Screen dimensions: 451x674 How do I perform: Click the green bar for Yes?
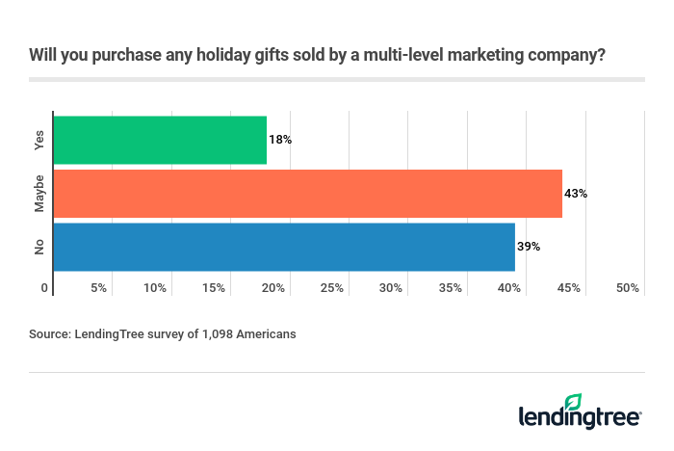tap(160, 140)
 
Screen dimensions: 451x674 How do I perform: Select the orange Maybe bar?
tap(307, 193)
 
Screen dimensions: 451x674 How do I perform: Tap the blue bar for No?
tap(284, 247)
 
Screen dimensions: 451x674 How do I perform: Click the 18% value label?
tap(280, 140)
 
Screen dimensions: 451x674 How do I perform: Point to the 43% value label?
tap(576, 193)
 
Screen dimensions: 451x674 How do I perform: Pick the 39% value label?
tap(529, 247)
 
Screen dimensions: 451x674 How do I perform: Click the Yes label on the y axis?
tap(39, 140)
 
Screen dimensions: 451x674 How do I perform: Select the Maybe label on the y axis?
tap(39, 193)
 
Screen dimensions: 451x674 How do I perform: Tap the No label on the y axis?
tap(39, 247)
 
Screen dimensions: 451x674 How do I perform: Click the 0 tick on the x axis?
tap(44, 288)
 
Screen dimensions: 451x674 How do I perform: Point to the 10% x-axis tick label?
tap(156, 288)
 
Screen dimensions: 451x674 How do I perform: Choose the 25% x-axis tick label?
tap(332, 288)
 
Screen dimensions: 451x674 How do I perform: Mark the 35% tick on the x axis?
tap(451, 288)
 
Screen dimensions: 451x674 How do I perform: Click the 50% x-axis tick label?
tap(627, 288)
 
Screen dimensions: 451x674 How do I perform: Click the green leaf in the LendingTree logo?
tap(574, 402)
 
